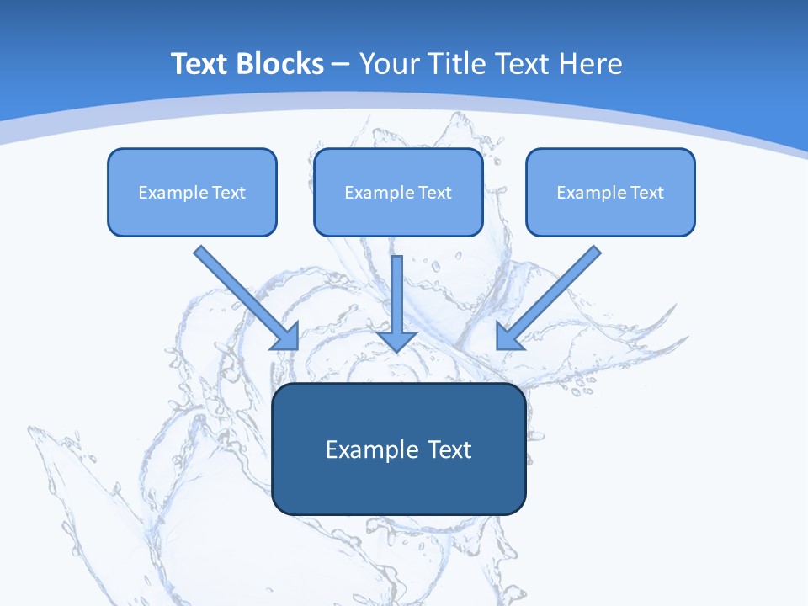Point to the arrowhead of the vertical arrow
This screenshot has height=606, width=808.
(x=397, y=340)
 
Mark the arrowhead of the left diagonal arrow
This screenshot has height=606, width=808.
(x=288, y=338)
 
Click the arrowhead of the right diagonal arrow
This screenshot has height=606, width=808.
(x=508, y=338)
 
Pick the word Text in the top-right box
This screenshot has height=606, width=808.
(x=647, y=193)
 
